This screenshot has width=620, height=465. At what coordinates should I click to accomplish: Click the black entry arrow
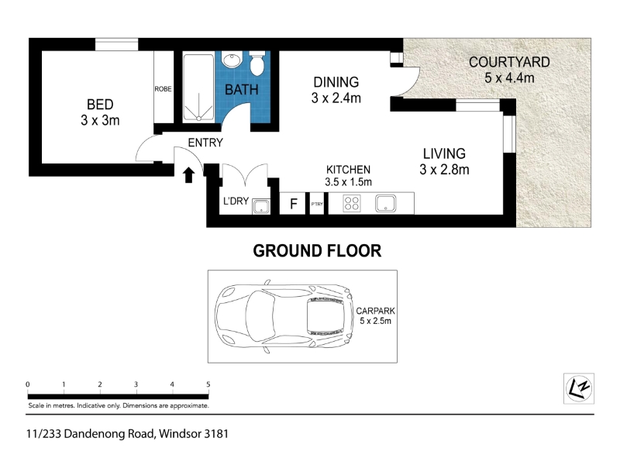click(188, 175)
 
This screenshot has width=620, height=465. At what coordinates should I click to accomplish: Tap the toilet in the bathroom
click(257, 64)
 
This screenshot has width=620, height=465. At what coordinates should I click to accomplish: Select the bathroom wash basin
click(232, 60)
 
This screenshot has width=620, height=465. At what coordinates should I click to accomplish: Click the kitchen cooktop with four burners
click(352, 204)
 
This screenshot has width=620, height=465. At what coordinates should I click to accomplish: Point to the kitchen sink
click(385, 203)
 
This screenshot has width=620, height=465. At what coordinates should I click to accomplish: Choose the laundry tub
click(261, 206)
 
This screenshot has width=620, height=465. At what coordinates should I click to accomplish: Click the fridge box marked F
click(293, 204)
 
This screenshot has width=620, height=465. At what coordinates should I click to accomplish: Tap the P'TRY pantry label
click(317, 204)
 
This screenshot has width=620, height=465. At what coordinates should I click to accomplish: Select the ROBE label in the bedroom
click(163, 89)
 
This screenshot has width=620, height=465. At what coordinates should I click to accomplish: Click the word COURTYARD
click(509, 62)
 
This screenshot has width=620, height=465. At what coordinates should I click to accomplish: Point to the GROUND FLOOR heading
click(317, 250)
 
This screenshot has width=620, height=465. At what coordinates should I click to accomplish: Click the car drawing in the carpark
click(284, 316)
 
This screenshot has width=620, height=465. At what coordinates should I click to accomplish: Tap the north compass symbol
click(578, 388)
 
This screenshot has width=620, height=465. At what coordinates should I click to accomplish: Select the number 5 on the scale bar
click(208, 384)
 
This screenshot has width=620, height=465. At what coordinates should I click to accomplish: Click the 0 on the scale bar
click(28, 384)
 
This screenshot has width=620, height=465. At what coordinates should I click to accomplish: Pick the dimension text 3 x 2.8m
click(444, 170)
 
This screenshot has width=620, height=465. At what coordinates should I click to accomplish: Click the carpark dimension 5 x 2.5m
click(375, 321)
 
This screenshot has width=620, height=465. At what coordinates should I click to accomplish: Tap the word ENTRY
click(205, 143)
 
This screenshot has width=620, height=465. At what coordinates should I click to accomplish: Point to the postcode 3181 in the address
click(216, 434)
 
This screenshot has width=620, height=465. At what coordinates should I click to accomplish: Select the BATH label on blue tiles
click(241, 90)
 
